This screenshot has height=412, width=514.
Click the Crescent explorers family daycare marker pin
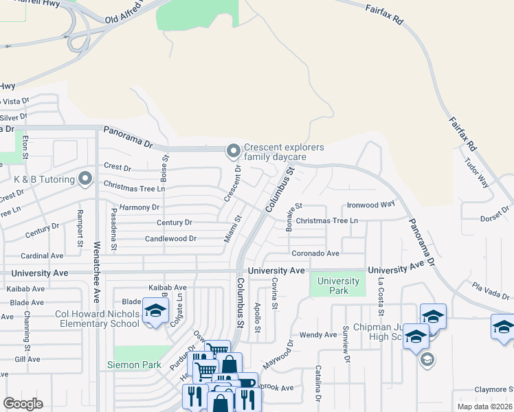(x=234, y=150)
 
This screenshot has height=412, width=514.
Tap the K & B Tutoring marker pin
(x=85, y=179)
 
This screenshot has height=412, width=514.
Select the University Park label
(x=339, y=286)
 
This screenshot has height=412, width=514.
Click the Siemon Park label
(x=134, y=365)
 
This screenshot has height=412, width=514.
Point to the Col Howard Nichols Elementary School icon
(x=155, y=311)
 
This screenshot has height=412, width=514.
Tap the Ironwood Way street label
(x=370, y=204)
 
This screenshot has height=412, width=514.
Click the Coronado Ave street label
(x=315, y=253)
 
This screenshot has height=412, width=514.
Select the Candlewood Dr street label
(x=170, y=239)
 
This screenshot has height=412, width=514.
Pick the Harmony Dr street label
(x=139, y=207)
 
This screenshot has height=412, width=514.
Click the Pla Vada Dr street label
(x=490, y=291)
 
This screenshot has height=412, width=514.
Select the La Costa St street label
(x=380, y=287)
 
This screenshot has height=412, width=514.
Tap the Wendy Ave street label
(x=317, y=335)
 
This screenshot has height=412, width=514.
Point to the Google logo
(x=23, y=404)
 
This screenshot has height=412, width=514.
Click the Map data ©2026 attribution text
(x=484, y=407)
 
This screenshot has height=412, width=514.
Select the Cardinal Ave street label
(x=43, y=256)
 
